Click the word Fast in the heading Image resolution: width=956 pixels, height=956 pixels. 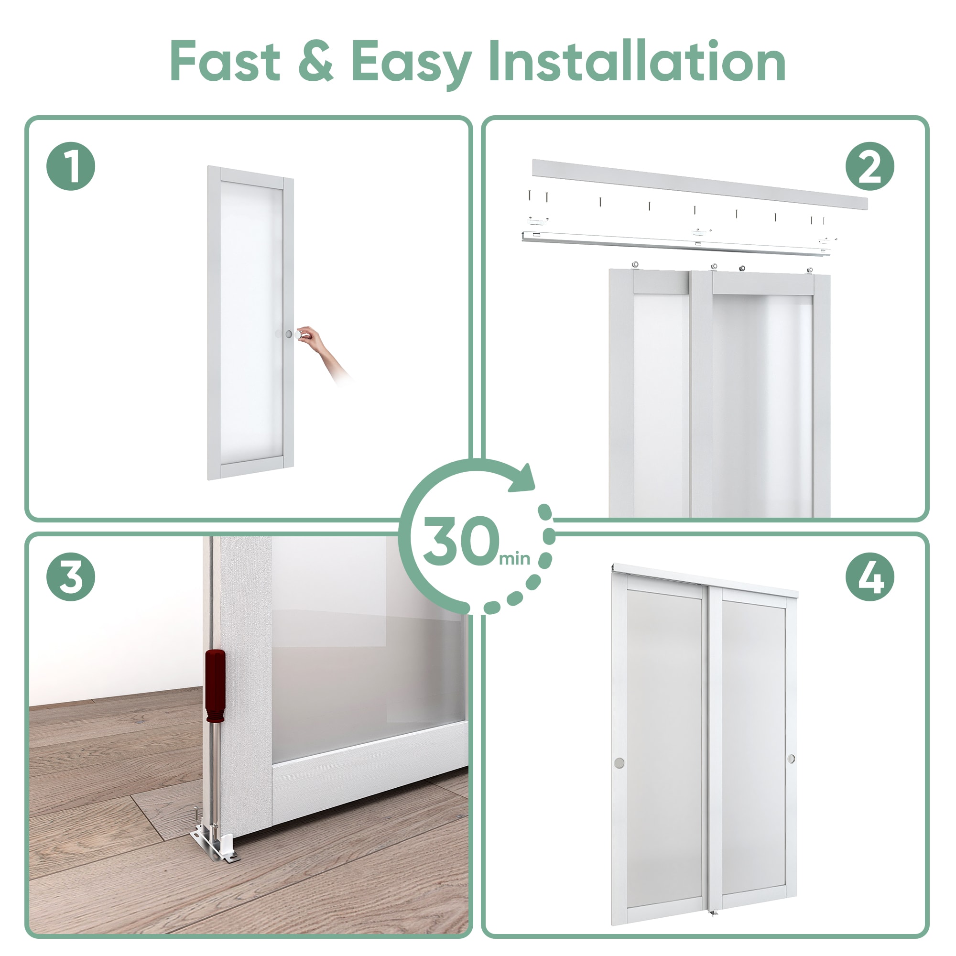pos(225,61)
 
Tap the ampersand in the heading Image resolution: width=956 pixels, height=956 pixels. pos(315,61)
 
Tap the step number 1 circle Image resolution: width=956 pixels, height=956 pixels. pos(71,166)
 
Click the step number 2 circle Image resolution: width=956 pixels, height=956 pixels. pos(869,166)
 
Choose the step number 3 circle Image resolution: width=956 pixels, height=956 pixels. pos(71,577)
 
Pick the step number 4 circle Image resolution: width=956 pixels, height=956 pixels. pos(869,577)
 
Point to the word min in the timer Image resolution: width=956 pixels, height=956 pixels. pos(515,559)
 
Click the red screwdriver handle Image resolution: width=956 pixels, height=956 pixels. pos(215,685)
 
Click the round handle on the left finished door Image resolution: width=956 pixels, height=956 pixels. pos(619,762)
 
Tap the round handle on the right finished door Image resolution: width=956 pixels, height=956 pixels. pos(791,759)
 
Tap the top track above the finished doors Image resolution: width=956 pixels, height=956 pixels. pos(705,577)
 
